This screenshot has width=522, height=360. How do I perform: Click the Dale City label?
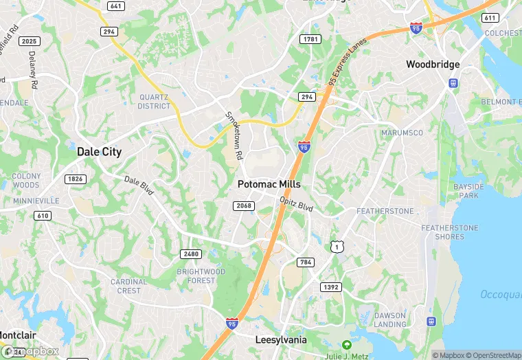pyautogui.click(x=99, y=152)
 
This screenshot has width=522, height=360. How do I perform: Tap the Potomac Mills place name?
pyautogui.click(x=269, y=185)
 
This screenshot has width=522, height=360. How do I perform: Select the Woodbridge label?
pyautogui.click(x=433, y=65)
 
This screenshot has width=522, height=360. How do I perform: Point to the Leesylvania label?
pyautogui.click(x=280, y=340)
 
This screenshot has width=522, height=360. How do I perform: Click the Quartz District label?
pyautogui.click(x=154, y=102)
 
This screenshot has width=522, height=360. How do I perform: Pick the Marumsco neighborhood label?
pyautogui.click(x=402, y=133)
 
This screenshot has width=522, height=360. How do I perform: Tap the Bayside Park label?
pyautogui.click(x=469, y=191)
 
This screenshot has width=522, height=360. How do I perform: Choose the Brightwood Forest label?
pyautogui.click(x=201, y=276)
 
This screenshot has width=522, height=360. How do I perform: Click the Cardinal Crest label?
pyautogui.click(x=129, y=286)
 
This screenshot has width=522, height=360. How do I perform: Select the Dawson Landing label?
pyautogui.click(x=390, y=319)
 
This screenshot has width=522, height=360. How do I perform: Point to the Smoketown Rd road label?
pyautogui.click(x=235, y=136)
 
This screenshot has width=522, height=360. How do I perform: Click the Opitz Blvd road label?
pyautogui.click(x=297, y=204)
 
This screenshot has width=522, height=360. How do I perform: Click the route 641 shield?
pyautogui.click(x=116, y=6)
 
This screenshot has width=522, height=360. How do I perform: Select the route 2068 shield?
pyautogui.click(x=245, y=205)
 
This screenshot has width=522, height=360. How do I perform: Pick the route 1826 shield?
pyautogui.click(x=75, y=179)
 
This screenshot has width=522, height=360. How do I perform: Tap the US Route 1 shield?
pyautogui.click(x=336, y=246)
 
